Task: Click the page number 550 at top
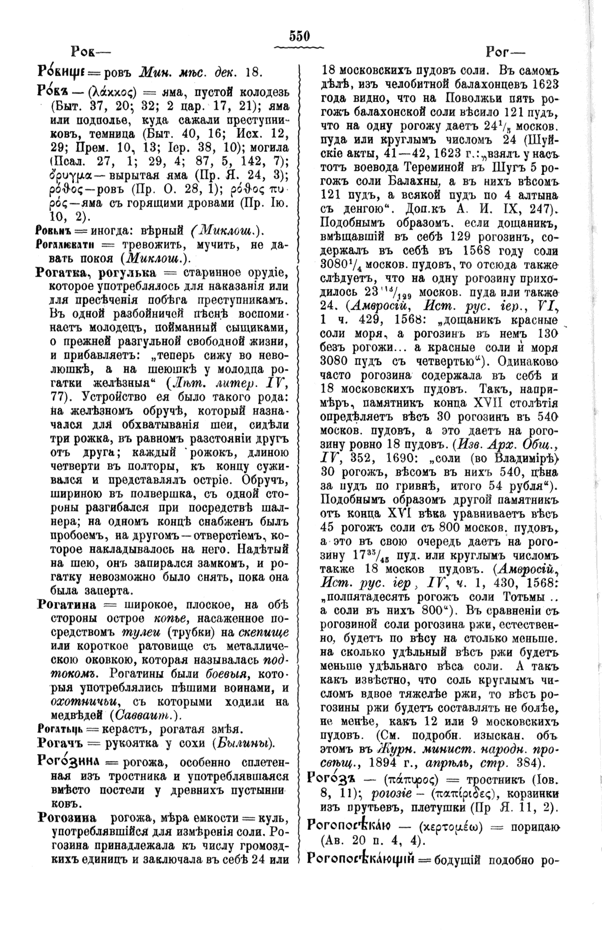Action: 300,37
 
